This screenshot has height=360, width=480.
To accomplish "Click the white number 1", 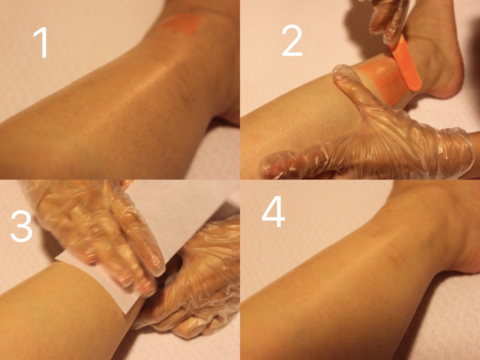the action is coord(42,43).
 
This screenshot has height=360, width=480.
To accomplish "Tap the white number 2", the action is coord(292,40).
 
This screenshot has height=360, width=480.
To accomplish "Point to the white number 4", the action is coord(273,211).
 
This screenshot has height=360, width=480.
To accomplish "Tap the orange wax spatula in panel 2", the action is coord(405,63).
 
